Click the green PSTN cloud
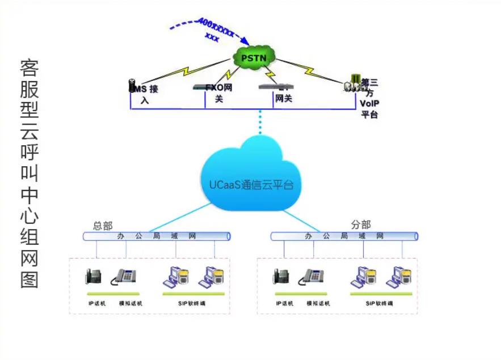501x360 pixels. click(x=254, y=57)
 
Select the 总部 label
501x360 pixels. click(x=103, y=226)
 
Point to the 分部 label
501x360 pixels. click(x=361, y=225)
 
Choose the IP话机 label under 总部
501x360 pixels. click(x=96, y=304)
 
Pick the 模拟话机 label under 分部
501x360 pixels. click(x=318, y=304)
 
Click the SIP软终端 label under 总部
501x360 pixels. click(x=191, y=304)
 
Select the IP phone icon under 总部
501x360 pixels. click(x=94, y=276)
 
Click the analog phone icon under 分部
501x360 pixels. click(x=313, y=276)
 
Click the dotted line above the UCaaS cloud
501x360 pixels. click(x=260, y=122)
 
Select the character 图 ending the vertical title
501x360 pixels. click(x=30, y=279)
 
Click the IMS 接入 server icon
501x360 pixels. click(x=132, y=86)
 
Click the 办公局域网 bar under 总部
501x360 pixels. click(x=157, y=236)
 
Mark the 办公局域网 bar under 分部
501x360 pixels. click(x=344, y=236)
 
